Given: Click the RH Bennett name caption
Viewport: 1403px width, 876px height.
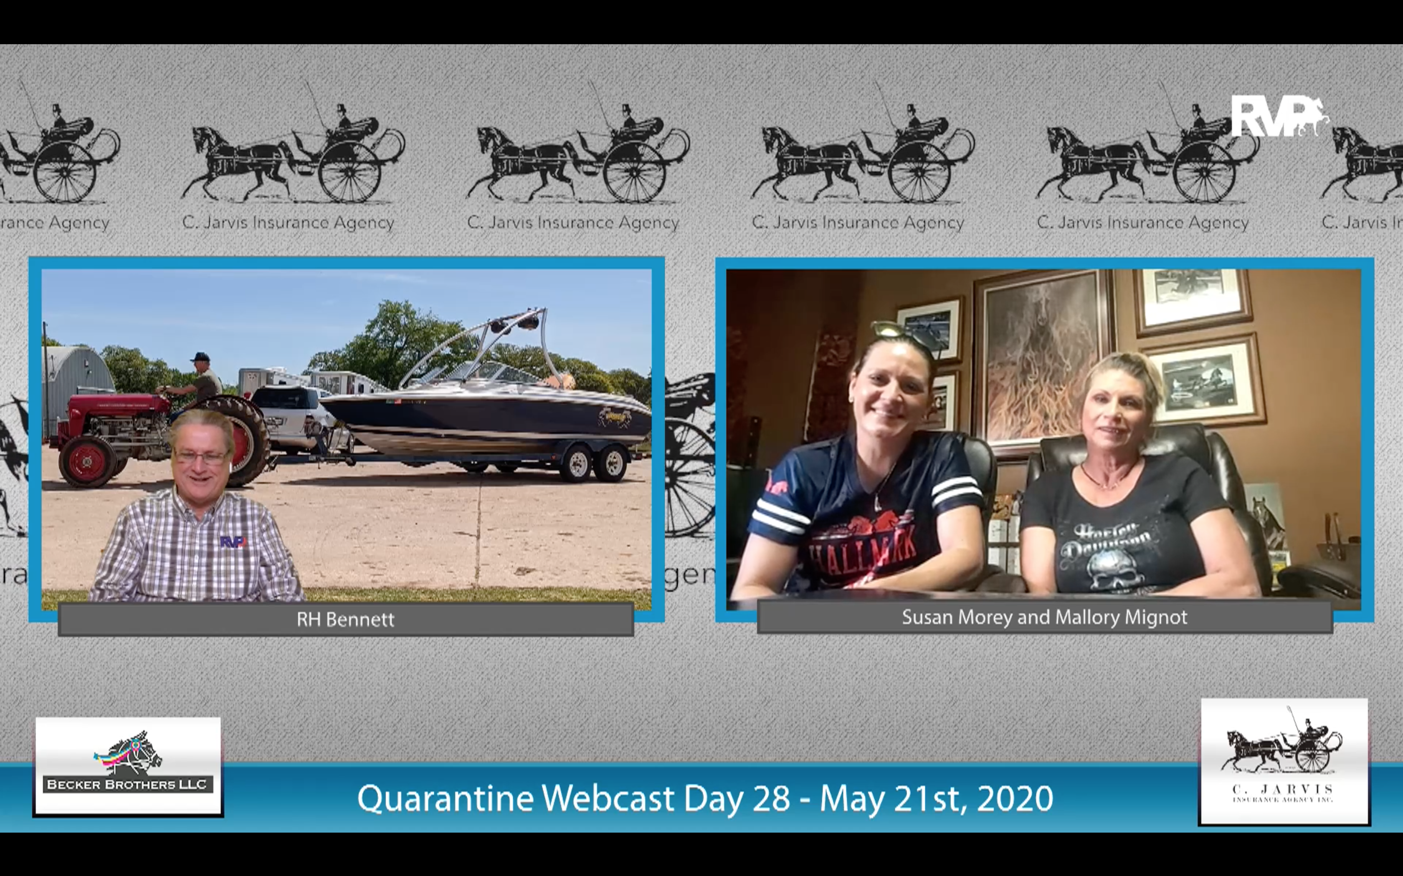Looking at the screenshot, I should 346,619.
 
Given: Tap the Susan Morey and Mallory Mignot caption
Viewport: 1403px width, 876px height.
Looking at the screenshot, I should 1044,617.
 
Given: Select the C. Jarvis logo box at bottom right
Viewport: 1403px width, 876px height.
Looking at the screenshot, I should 1284,761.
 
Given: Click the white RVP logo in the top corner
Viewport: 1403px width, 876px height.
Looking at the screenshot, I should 1278,118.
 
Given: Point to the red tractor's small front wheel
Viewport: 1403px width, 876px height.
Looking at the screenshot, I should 88,461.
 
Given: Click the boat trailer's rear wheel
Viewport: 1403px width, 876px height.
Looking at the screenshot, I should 611,463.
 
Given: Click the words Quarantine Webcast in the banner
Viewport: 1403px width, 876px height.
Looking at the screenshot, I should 516,798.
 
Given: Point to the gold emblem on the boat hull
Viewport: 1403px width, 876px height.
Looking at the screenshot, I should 615,415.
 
